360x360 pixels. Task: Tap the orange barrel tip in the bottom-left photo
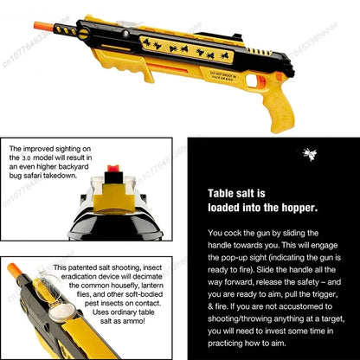[14, 270]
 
